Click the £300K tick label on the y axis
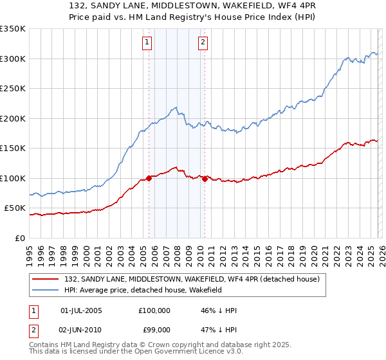pos(13,59)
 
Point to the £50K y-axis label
pos(15,208)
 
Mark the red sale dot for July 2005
pos(149,178)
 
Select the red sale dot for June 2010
pos(205,179)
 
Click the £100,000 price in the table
pos(154,310)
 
